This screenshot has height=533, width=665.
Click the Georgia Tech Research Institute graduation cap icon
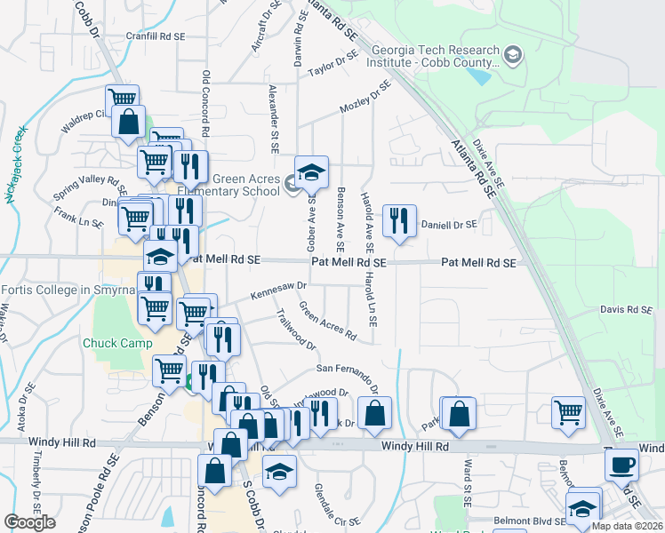[x=513, y=56]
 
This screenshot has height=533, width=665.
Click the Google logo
[x=29, y=521]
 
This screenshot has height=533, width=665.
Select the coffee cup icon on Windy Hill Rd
[x=624, y=465]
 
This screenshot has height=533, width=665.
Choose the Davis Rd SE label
[x=626, y=310]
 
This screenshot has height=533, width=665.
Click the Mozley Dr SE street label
[x=365, y=99]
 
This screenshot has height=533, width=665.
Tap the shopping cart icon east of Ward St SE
[x=568, y=411]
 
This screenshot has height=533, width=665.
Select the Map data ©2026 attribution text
[x=626, y=526]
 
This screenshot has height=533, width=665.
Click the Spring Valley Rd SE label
[x=90, y=187]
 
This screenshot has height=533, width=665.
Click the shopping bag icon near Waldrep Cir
[x=128, y=122]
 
